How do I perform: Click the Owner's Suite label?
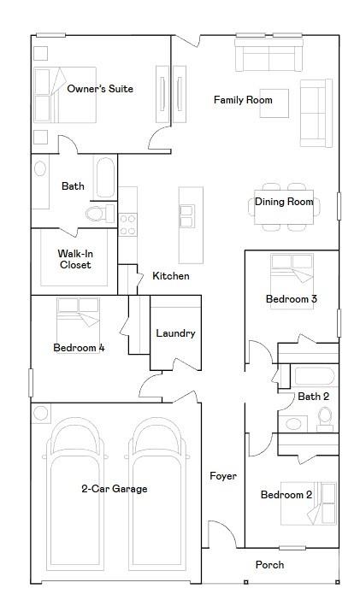pos(100,89)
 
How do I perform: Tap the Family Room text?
pos(243,101)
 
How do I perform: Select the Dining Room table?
pos(284,208)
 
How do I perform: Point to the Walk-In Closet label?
pos(74,259)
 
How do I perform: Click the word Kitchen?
pos(171,276)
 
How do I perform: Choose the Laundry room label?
pos(175,333)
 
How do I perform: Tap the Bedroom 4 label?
pos(79,348)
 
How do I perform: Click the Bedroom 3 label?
pos(292,299)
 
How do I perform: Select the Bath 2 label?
pos(314,397)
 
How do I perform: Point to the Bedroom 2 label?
pos(286,495)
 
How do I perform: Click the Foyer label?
pos(223,476)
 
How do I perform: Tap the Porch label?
pos(269,565)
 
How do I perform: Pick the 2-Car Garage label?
pos(115,489)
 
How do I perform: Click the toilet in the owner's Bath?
pos(95,212)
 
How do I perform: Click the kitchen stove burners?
pos(127,224)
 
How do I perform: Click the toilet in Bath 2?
pos(325,417)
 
